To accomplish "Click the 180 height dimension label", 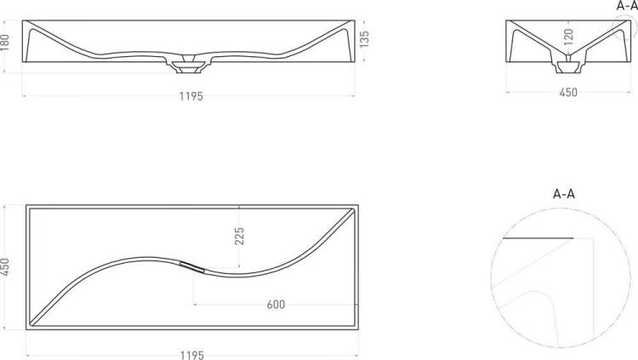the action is (x=5, y=43).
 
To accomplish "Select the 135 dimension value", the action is (x=365, y=39).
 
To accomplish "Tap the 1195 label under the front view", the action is (x=191, y=96).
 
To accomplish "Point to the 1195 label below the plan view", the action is (x=192, y=356).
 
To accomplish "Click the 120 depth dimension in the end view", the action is (x=568, y=37).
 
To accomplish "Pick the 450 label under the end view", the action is (x=568, y=93).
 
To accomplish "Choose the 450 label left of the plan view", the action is (x=5, y=267).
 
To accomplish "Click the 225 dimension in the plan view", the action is (x=239, y=237).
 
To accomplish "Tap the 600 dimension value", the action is (x=276, y=304).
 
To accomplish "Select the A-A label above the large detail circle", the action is (x=564, y=194).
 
